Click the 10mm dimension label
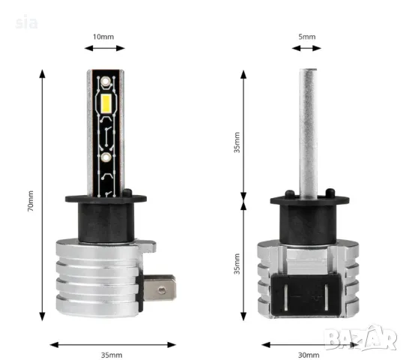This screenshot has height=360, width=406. [105, 35]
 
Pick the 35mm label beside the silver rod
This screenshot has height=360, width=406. [237, 142]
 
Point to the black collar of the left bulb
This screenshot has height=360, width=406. [105, 206]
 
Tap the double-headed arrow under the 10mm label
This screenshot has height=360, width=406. [105, 48]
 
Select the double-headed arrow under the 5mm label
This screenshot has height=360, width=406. [306, 48]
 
